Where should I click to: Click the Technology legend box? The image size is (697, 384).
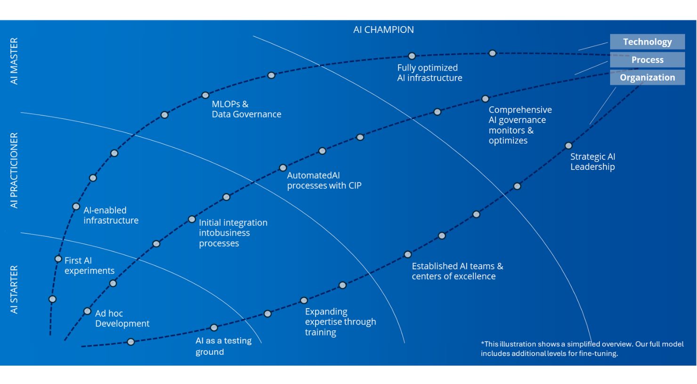point(647,42)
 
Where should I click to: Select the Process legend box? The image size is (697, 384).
point(647,59)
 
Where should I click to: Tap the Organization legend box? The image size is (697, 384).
point(647,77)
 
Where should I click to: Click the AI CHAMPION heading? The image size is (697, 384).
point(383,29)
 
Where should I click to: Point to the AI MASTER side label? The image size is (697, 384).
point(14,61)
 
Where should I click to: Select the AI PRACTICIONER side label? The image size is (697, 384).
point(14,170)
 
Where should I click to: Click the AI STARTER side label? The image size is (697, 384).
point(14,289)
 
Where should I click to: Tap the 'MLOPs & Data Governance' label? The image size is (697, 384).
point(246,109)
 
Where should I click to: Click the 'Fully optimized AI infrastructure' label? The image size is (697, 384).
point(430,73)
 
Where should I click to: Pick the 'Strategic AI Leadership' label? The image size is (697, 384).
point(592,161)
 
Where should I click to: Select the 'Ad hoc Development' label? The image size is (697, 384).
point(122,318)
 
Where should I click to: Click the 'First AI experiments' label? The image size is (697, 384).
point(89,266)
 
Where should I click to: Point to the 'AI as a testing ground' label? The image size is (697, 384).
point(223,346)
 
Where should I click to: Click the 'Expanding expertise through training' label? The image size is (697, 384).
point(340,322)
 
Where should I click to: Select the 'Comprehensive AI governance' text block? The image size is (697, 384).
point(520,125)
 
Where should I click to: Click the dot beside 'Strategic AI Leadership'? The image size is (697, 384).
point(568,146)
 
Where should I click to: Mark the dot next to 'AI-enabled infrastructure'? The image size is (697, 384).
point(76,206)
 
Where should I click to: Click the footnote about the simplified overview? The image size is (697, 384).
point(582,349)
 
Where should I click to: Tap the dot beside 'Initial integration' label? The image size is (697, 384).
point(192,219)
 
